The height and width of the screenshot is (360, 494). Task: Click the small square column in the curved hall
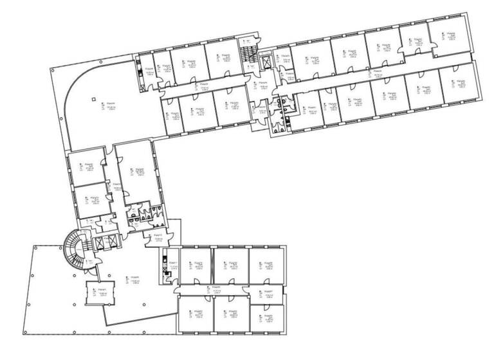tap(94, 99)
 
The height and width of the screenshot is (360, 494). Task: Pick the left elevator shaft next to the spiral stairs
tap(98, 243)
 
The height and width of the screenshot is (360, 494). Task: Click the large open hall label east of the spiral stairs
tap(136, 280)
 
